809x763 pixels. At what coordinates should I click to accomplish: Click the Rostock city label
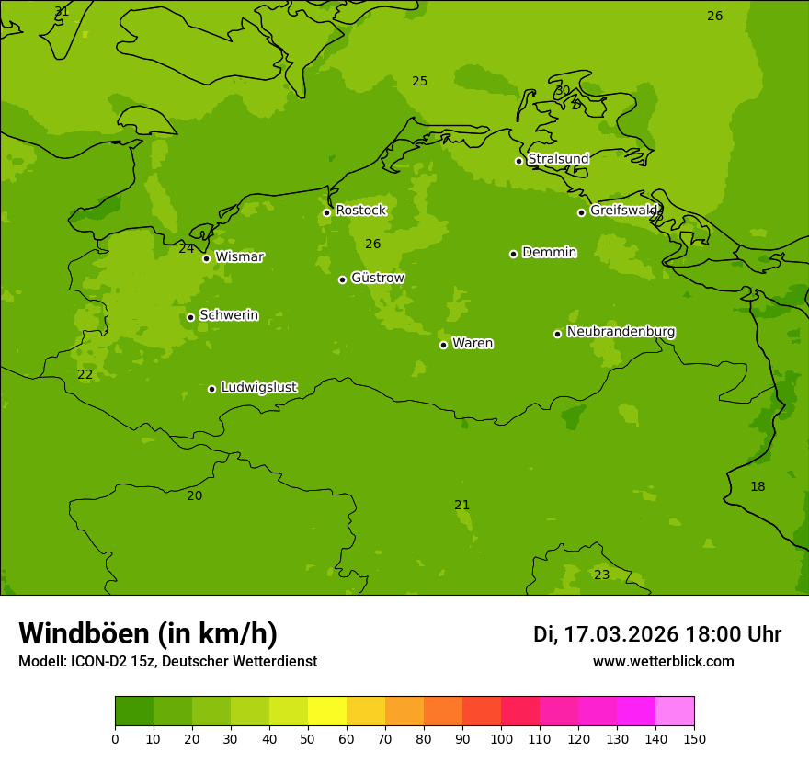pos(360,211)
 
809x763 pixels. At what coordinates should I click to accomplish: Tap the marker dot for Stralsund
pos(518,161)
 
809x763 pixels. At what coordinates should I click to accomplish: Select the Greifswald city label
pos(625,211)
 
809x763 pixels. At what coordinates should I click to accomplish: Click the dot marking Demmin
pos(513,254)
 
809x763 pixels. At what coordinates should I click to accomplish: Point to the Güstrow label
pos(377,278)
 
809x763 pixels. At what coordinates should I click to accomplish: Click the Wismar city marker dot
pos(206,258)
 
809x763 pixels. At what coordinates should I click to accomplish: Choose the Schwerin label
pos(229,315)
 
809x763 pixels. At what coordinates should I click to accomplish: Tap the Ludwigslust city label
pos(258,388)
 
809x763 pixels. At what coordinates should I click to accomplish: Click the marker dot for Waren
pos(443,345)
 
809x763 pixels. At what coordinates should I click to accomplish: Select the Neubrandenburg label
pos(621,332)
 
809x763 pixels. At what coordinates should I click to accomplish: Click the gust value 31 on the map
pos(62,12)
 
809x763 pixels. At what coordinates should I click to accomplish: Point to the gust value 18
pos(757,486)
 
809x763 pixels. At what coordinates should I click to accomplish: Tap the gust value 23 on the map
pos(601,575)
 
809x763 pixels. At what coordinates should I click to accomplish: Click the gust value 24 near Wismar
pos(186,248)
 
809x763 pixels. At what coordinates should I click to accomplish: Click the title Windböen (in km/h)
pos(148,633)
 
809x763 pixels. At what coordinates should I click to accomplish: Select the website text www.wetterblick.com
pos(663,662)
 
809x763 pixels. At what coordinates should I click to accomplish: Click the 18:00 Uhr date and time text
pos(656,634)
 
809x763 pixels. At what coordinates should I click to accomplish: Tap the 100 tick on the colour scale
pos(501,738)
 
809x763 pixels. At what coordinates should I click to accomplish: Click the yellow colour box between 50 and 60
pos(327,712)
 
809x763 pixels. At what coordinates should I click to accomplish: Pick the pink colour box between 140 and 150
pos(675,712)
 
